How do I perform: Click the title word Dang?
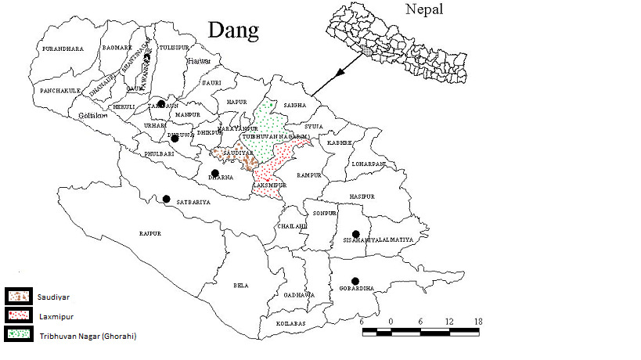click(234, 31)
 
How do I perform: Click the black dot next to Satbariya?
click(166, 199)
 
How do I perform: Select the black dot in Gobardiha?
click(355, 281)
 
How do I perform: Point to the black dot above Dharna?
click(215, 173)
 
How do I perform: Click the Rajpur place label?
click(149, 233)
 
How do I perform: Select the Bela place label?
click(241, 286)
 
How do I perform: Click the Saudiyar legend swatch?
click(17, 297)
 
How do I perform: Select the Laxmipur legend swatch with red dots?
click(17, 315)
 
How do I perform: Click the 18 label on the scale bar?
click(477, 321)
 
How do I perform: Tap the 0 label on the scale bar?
click(391, 321)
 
